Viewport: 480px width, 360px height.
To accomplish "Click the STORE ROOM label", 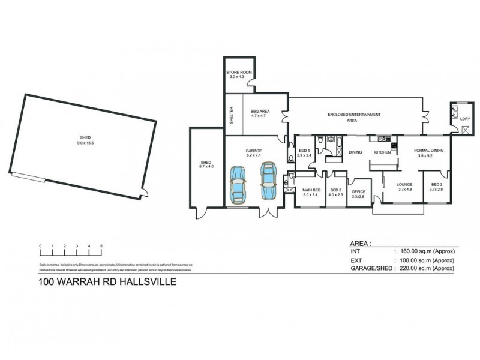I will [240, 72].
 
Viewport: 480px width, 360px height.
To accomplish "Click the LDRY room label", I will [465, 118].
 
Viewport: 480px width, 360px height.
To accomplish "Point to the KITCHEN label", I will [383, 152].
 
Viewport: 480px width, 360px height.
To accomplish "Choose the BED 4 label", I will [305, 151].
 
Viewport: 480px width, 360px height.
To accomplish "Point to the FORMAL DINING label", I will [429, 151].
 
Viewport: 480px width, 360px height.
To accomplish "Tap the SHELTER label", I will [231, 116].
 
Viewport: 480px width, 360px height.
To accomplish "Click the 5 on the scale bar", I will [101, 247].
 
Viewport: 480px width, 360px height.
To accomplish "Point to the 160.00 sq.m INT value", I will [424, 253].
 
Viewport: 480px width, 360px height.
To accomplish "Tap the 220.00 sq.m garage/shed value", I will [424, 269].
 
